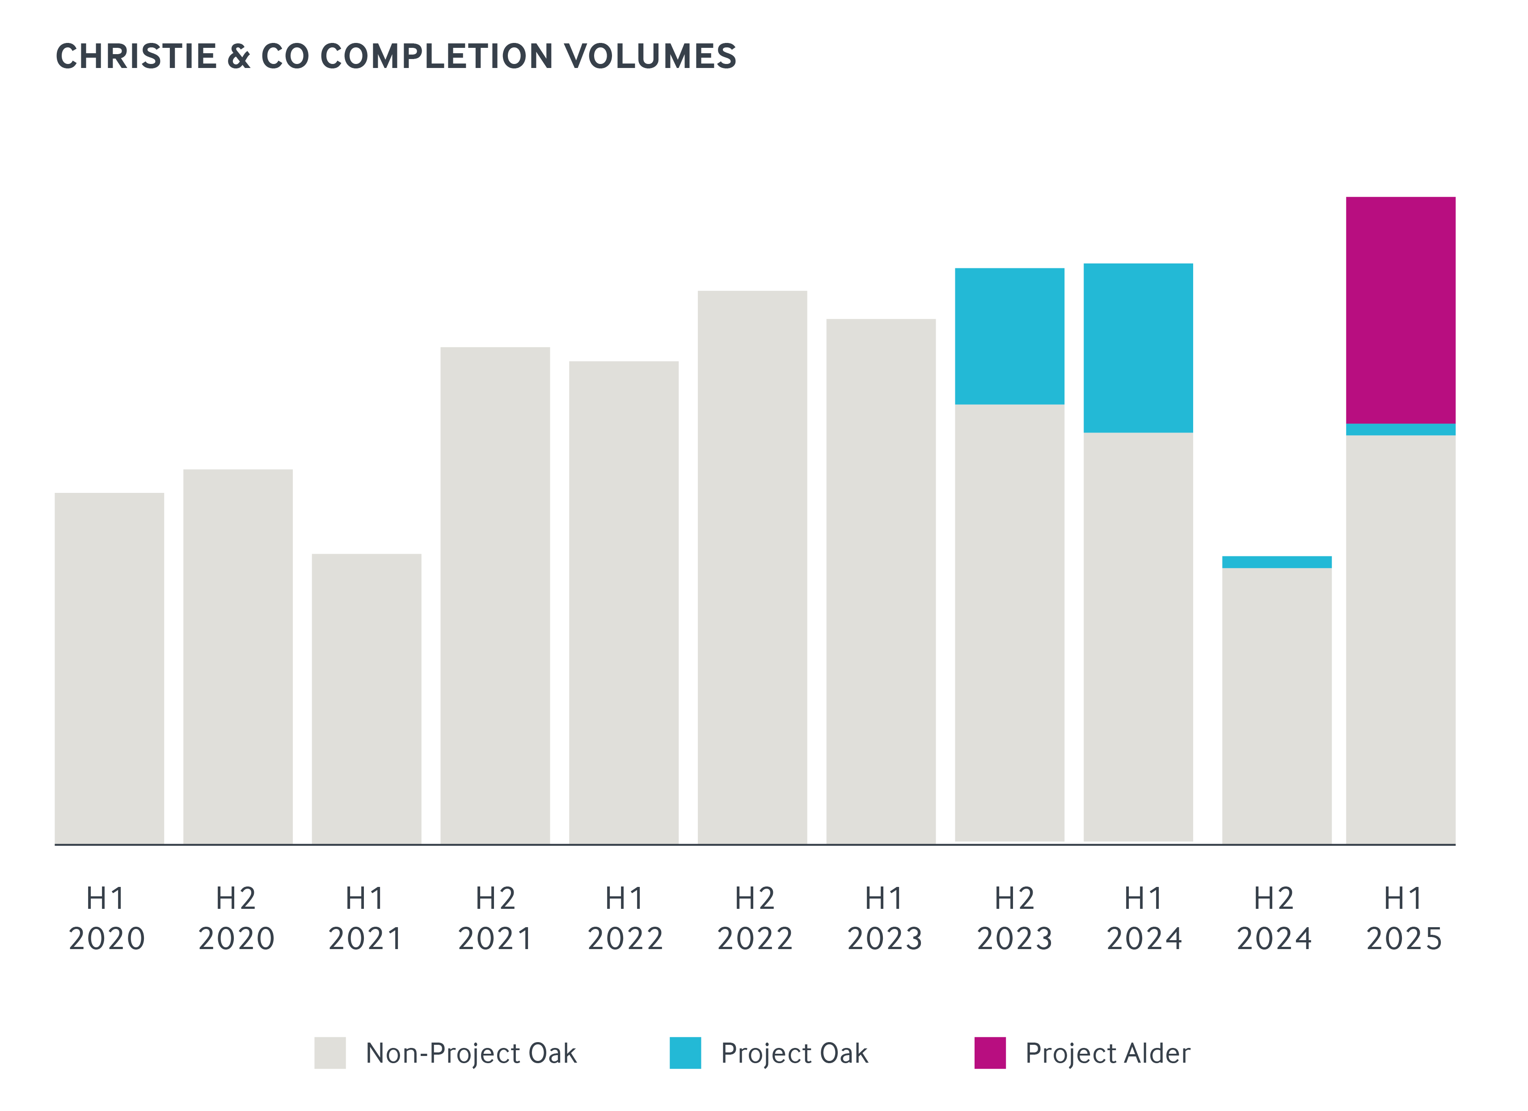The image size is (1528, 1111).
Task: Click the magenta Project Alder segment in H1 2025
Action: pyautogui.click(x=1401, y=310)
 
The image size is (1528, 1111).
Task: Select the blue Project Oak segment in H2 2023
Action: pyautogui.click(x=1009, y=336)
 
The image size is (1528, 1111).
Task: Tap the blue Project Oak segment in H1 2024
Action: pyautogui.click(x=1138, y=348)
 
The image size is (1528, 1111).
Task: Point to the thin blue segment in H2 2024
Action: pyautogui.click(x=1277, y=562)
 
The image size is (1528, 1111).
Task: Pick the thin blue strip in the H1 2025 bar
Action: pyautogui.click(x=1401, y=429)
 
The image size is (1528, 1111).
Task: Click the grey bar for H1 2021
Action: pyautogui.click(x=367, y=698)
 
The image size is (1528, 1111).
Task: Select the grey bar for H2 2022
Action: pyautogui.click(x=752, y=566)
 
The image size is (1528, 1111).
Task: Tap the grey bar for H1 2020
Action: pyautogui.click(x=109, y=667)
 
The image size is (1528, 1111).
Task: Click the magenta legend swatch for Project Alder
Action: pyautogui.click(x=990, y=1053)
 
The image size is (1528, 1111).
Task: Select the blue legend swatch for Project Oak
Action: pyautogui.click(x=685, y=1053)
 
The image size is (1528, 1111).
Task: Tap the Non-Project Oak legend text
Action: pyautogui.click(x=471, y=1053)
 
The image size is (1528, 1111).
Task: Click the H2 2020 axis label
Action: pyautogui.click(x=236, y=918)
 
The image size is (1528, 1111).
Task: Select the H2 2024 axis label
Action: pyautogui.click(x=1274, y=918)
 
